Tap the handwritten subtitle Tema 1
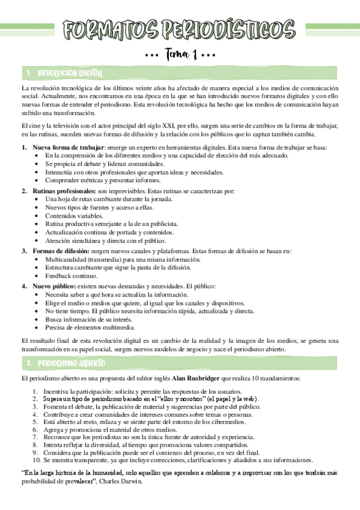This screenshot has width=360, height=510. tap(180, 56)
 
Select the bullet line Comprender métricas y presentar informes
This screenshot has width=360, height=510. tap(103, 180)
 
